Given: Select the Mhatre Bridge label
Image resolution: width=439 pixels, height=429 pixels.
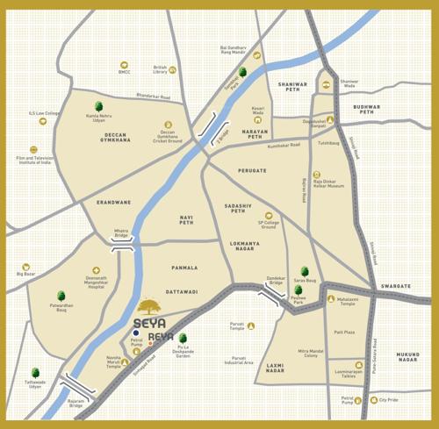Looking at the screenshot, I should point(121,234).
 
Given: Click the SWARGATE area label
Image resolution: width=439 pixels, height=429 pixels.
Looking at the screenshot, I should point(396,286).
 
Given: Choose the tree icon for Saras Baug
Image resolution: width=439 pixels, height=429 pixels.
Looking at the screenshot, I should point(304,271).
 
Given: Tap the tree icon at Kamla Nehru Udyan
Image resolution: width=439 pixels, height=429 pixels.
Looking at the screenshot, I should point(98,106).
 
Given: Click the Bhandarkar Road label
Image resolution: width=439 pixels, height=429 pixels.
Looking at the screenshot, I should point(153,97).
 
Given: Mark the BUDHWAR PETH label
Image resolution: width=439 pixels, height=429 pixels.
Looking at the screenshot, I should point(366,110).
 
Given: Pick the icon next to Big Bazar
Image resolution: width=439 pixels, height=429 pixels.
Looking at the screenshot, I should point(26,266).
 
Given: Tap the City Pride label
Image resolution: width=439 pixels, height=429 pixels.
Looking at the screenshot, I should point(388,400).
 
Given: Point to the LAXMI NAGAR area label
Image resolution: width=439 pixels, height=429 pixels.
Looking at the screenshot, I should point(275,368).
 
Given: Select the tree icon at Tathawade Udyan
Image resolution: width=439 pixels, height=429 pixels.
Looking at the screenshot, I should point(35,374).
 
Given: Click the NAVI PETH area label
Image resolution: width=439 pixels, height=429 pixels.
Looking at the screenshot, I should point(186,219).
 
